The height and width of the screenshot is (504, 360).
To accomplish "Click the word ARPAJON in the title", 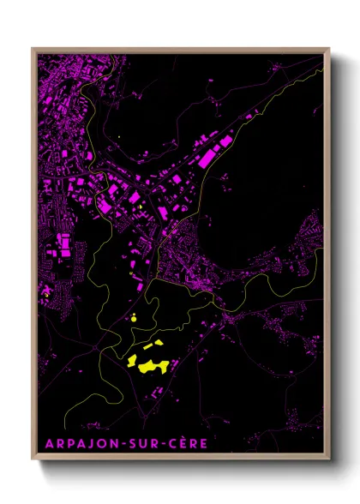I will [76, 443].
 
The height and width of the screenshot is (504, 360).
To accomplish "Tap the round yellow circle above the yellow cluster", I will [134, 318].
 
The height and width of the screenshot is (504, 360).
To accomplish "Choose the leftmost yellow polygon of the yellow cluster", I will [133, 363].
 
